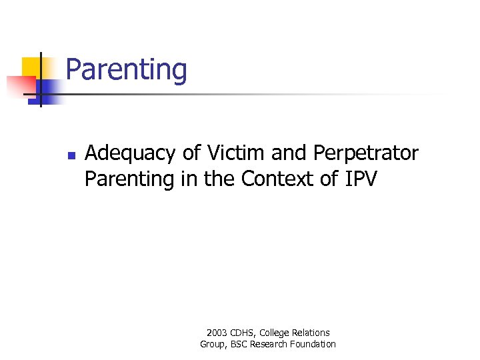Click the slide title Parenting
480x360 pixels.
pyautogui.click(x=126, y=70)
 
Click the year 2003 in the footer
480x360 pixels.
pyautogui.click(x=217, y=332)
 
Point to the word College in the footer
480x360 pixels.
pyautogui.click(x=276, y=333)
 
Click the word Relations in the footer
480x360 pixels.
pyautogui.click(x=311, y=332)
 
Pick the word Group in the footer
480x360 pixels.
pyautogui.click(x=213, y=344)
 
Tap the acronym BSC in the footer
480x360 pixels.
pyautogui.click(x=241, y=344)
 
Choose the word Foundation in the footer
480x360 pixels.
pyautogui.click(x=314, y=344)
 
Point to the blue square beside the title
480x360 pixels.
pyautogui.click(x=49, y=90)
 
